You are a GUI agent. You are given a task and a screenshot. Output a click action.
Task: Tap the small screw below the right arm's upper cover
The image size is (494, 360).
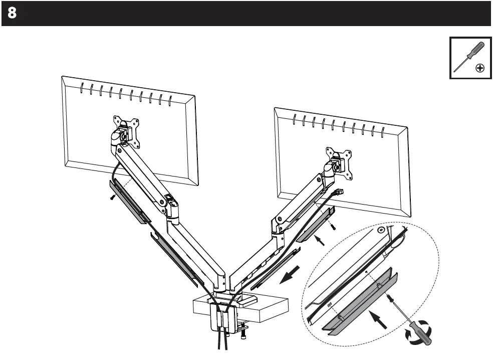click(x=332, y=226)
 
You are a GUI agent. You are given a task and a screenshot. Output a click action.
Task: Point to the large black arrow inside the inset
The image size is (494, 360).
click(x=379, y=319)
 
